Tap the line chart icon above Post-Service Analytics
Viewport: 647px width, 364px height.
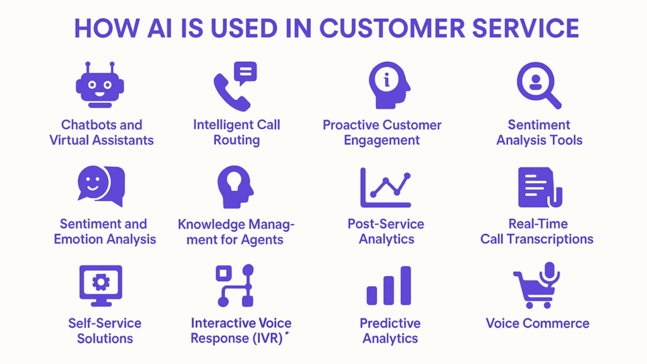point(385,187)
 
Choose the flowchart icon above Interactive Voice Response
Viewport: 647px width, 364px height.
point(235,286)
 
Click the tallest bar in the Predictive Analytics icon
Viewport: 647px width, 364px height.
point(406,285)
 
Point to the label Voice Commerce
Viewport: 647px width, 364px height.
point(537,323)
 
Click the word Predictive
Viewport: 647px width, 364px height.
point(390,323)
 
